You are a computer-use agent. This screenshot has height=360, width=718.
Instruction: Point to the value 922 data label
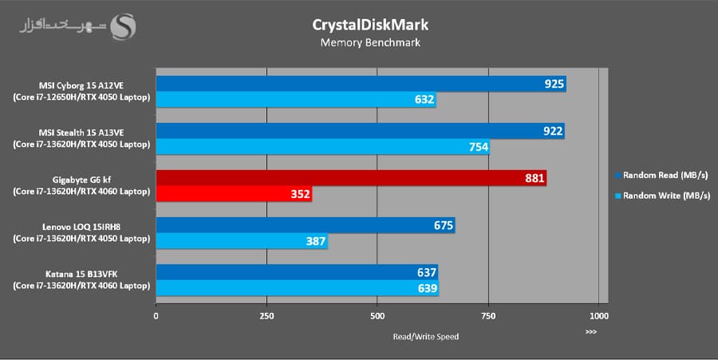[553, 131]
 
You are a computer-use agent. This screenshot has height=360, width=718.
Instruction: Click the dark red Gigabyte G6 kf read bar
[351, 178]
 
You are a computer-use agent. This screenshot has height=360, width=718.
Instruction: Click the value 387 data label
[316, 241]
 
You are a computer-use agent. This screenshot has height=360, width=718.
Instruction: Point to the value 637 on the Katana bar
[427, 272]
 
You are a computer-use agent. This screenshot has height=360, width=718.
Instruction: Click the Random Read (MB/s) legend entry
[663, 174]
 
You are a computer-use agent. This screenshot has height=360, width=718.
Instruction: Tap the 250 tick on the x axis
[266, 316]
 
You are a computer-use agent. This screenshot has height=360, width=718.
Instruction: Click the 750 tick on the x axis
[487, 316]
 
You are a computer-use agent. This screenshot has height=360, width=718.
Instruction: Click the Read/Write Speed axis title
[425, 336]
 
